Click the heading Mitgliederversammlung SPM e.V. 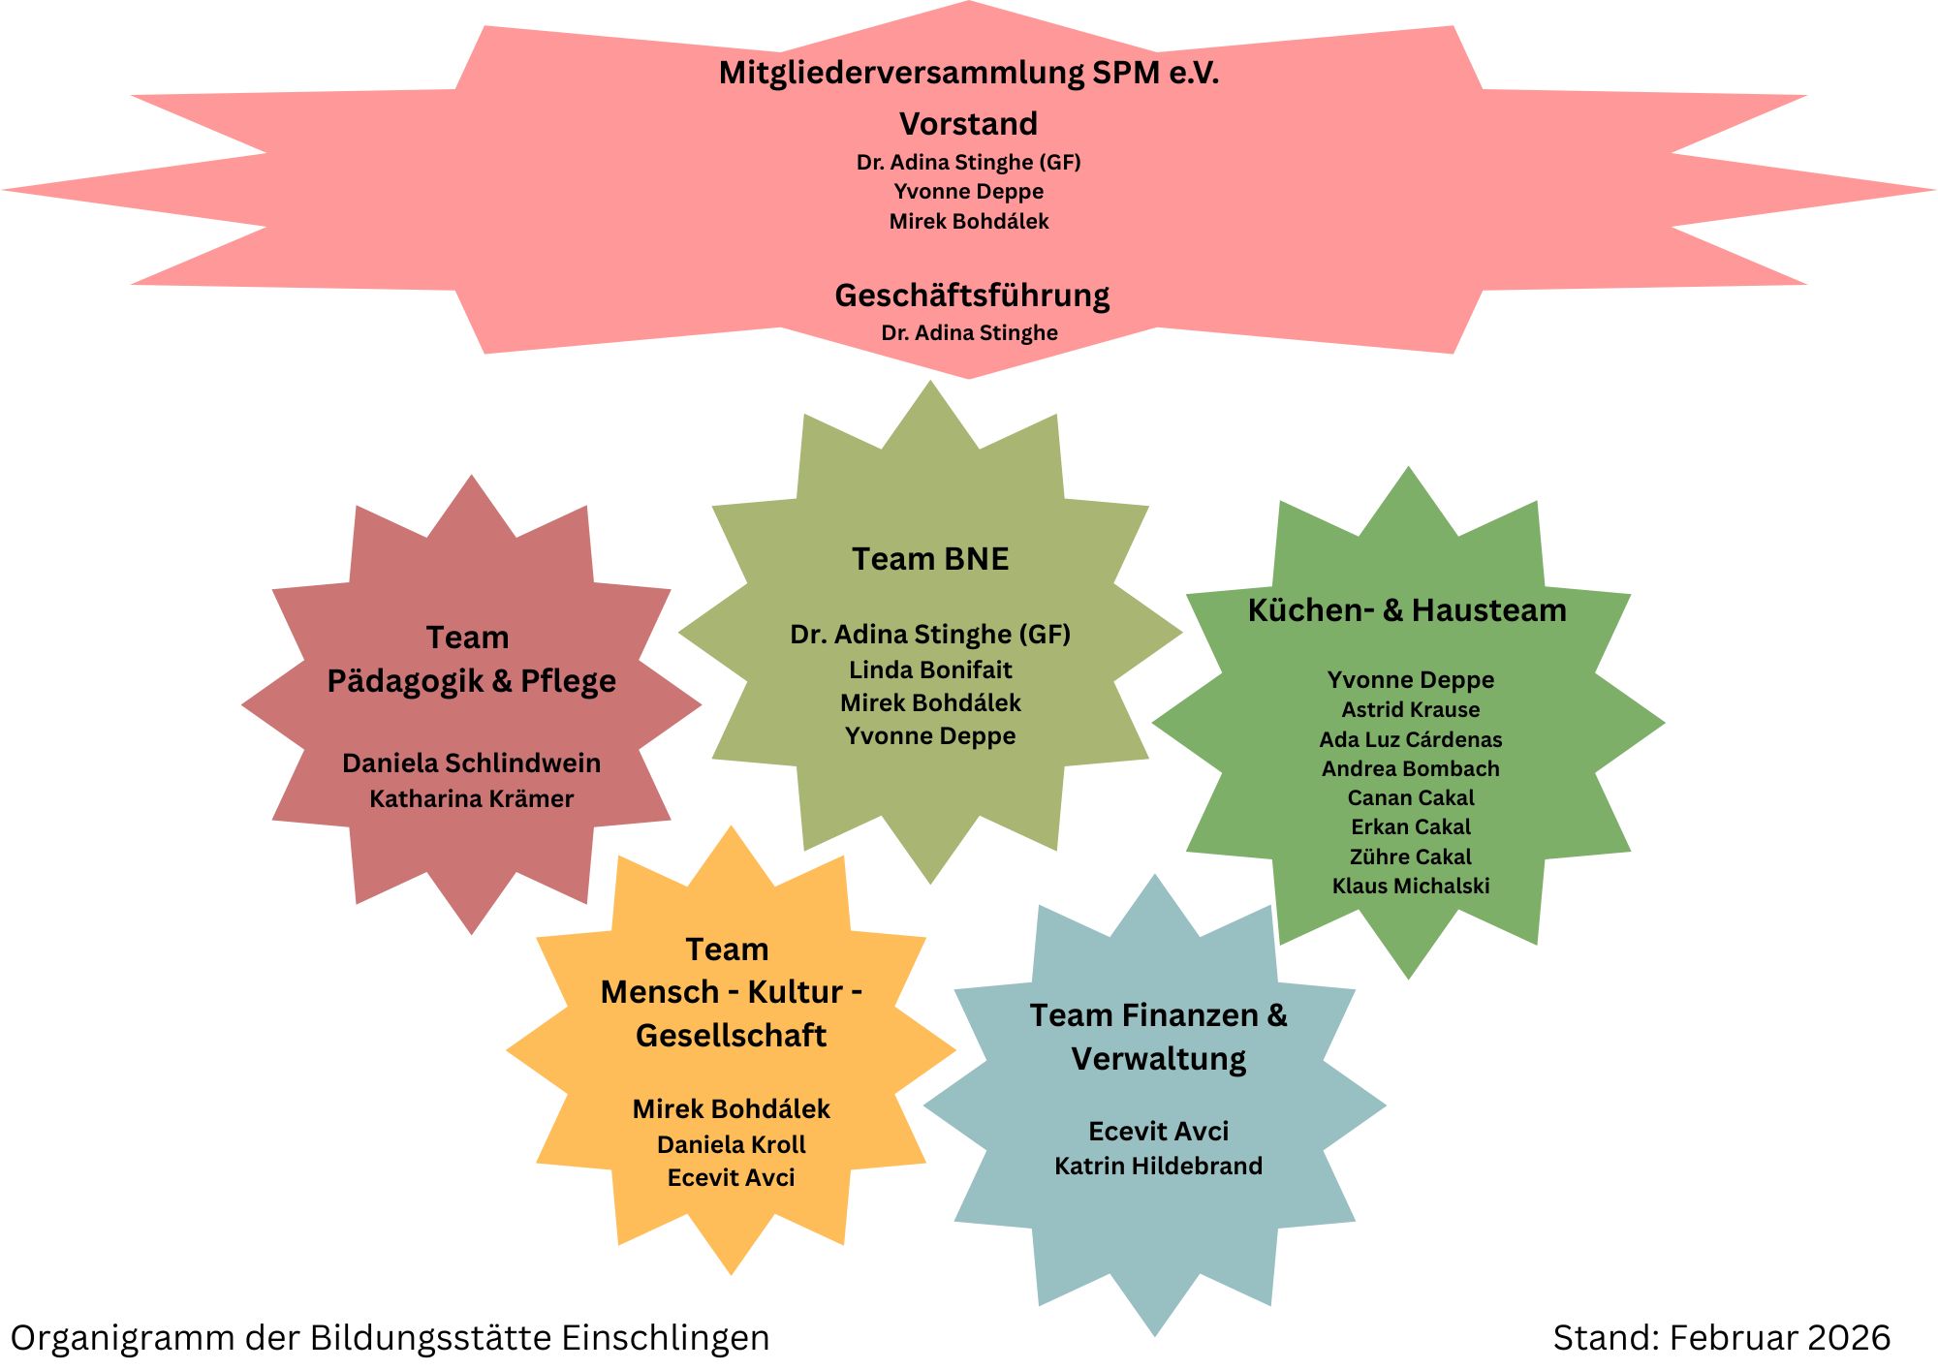click(969, 73)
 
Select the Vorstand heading click(969, 124)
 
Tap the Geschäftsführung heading click(972, 296)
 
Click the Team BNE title click(930, 559)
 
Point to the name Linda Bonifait click(930, 669)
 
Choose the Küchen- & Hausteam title click(1407, 610)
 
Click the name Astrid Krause click(1411, 709)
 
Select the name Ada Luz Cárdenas click(1411, 739)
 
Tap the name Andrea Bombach click(1411, 768)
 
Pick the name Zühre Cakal click(1411, 856)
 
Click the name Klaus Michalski click(1411, 886)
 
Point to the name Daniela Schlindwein click(472, 763)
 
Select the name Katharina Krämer click(472, 798)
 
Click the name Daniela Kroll click(732, 1144)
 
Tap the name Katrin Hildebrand click(1159, 1166)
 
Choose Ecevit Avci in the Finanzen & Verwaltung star click(1159, 1131)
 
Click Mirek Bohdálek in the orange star click(732, 1108)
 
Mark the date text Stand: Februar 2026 click(1722, 1338)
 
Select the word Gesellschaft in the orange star click(732, 1035)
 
